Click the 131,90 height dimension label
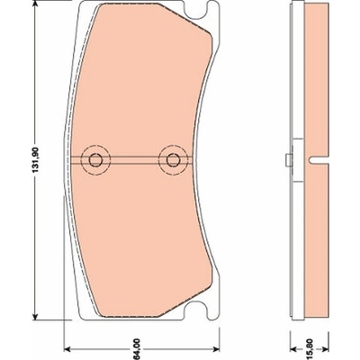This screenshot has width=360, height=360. click(36, 160)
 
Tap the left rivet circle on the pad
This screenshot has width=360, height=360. click(95, 160)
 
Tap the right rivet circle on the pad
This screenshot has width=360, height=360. click(173, 160)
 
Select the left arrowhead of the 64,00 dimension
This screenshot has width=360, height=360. click(69, 349)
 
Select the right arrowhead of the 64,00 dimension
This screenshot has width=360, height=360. click(215, 349)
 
